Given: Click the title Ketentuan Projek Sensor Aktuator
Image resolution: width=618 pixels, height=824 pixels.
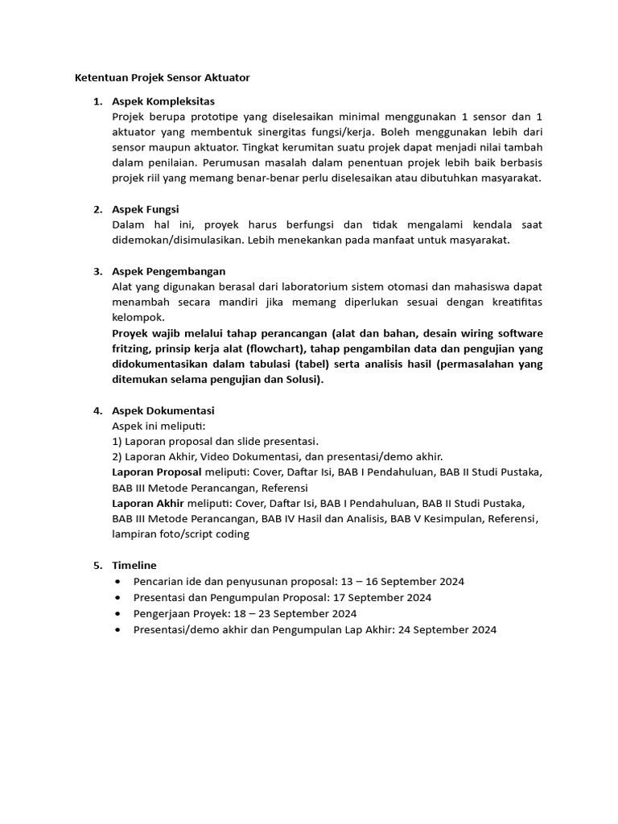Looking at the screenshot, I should click(162, 78).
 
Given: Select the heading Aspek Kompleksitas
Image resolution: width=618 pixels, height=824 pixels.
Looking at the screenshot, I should click(163, 101).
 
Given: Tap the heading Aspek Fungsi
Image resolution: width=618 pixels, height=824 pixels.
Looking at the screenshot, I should click(145, 209).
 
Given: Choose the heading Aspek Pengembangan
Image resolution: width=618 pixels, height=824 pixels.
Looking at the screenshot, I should click(169, 270).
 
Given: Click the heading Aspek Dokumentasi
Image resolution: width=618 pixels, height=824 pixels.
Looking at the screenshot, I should click(163, 410).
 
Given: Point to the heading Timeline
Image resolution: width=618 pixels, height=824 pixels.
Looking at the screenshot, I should click(134, 565).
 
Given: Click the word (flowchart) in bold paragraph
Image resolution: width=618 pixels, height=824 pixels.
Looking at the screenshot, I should click(279, 348).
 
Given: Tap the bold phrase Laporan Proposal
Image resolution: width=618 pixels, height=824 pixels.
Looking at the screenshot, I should click(157, 472).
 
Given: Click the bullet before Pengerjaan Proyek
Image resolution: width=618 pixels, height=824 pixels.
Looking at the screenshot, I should click(119, 613).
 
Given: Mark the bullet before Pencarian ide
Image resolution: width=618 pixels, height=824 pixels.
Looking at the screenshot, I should click(119, 581).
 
